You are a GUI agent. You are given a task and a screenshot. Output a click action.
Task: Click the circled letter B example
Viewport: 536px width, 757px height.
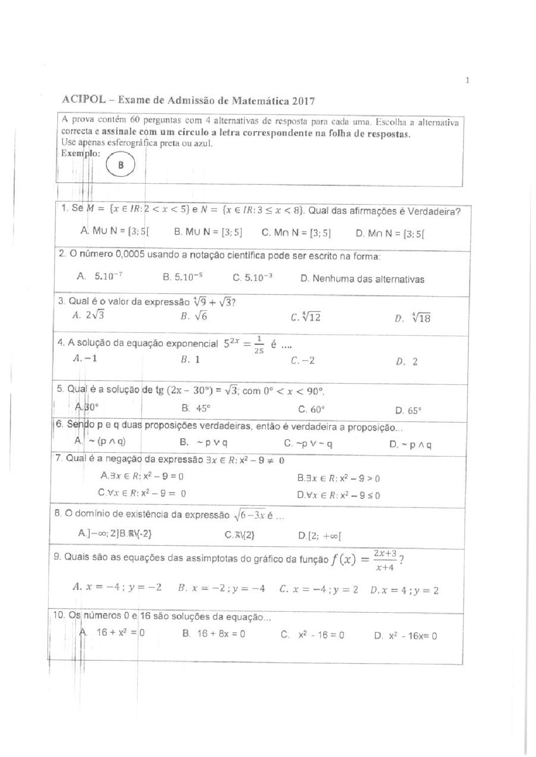[x=121, y=165]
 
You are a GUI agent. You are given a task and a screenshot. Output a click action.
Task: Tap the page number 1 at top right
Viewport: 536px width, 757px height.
[x=467, y=80]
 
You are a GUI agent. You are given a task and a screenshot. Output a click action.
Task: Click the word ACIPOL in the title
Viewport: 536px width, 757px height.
[x=84, y=100]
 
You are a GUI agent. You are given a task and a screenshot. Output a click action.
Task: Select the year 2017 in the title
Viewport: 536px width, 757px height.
[x=303, y=100]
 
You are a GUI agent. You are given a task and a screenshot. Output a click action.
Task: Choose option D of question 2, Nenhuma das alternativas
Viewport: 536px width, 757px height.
[x=362, y=278]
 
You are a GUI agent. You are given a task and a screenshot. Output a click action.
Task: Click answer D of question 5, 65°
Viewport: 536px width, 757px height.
[x=408, y=411]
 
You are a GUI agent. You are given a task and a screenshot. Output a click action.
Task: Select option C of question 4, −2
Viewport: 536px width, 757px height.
[x=303, y=361]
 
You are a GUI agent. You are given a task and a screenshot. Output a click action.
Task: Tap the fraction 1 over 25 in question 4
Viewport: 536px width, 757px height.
[x=259, y=344]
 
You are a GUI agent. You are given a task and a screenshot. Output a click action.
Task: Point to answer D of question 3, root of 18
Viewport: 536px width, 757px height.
[x=413, y=318]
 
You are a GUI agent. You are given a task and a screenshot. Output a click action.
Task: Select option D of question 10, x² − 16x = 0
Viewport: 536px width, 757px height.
[x=406, y=636]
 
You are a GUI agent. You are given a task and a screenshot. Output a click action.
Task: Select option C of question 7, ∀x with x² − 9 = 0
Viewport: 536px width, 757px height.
[x=142, y=493]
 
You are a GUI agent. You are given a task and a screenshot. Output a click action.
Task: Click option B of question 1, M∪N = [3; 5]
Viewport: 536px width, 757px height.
[x=208, y=232]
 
